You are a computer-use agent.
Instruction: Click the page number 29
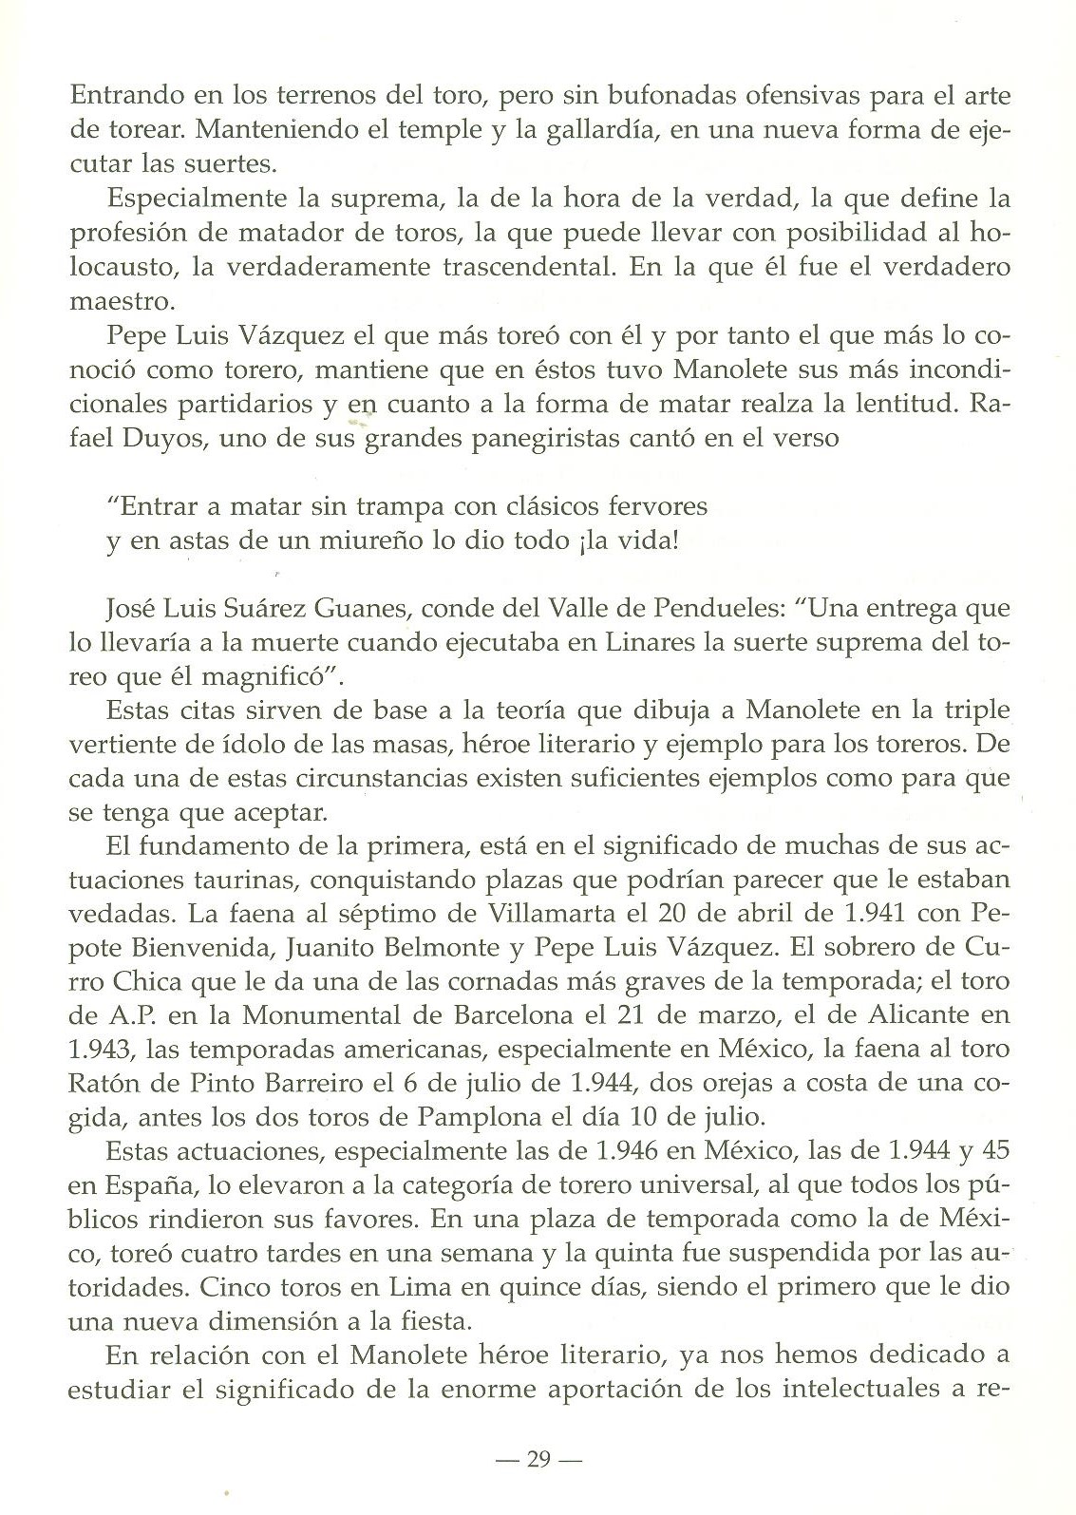[x=538, y=1460]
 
